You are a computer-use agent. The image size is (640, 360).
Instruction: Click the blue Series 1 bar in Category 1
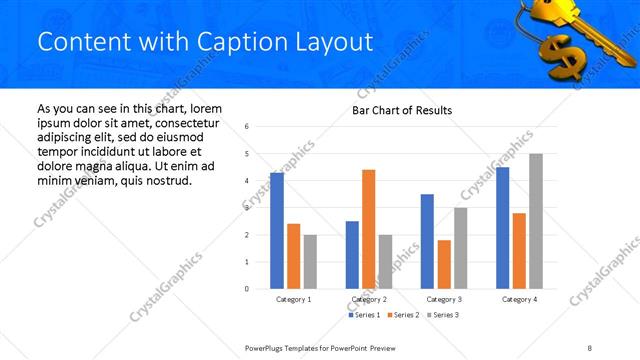(x=277, y=231)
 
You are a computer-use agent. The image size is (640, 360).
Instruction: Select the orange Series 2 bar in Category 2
(x=369, y=229)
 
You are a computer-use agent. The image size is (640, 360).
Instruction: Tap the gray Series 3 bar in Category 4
(x=536, y=221)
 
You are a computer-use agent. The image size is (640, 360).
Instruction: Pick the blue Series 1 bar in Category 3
(x=427, y=241)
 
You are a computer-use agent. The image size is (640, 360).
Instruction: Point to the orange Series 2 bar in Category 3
(x=444, y=264)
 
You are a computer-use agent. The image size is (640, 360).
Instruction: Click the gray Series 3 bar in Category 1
(x=310, y=262)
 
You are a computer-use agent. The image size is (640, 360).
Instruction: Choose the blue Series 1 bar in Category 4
(x=502, y=228)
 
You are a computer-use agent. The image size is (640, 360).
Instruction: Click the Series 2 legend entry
(x=402, y=315)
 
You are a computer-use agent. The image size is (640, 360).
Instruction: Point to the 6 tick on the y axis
(x=247, y=127)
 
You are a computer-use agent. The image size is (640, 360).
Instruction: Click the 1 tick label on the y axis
(x=247, y=262)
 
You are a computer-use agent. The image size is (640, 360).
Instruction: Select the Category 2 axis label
(x=369, y=299)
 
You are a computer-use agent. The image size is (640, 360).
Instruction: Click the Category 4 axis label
(x=519, y=299)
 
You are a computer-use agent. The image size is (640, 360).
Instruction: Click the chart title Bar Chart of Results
(x=402, y=110)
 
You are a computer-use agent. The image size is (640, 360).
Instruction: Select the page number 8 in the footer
(x=590, y=346)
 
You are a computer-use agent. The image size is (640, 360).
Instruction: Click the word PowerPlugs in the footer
(x=266, y=346)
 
